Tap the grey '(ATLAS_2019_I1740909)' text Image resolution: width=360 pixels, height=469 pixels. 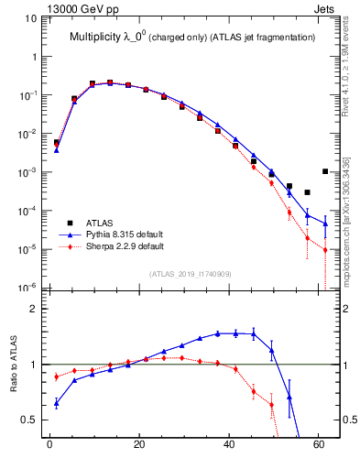(190, 274)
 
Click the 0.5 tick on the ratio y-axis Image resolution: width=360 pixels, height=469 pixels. (28, 420)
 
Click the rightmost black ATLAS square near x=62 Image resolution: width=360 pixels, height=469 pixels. (325, 171)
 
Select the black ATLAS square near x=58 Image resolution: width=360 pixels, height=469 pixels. (308, 192)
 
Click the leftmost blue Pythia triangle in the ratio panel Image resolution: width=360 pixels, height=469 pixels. (57, 402)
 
